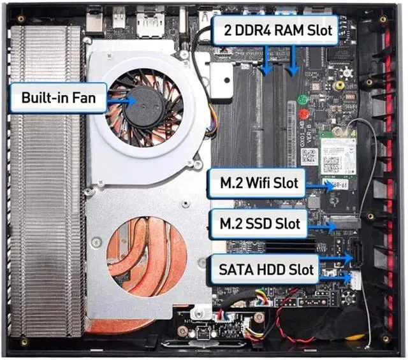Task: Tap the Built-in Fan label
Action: pyautogui.click(x=58, y=98)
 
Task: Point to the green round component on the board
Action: pyautogui.click(x=303, y=100)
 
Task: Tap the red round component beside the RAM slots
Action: pyautogui.click(x=303, y=115)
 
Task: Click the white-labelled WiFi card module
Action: pyautogui.click(x=338, y=156)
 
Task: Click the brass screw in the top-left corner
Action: pyautogui.click(x=21, y=18)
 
